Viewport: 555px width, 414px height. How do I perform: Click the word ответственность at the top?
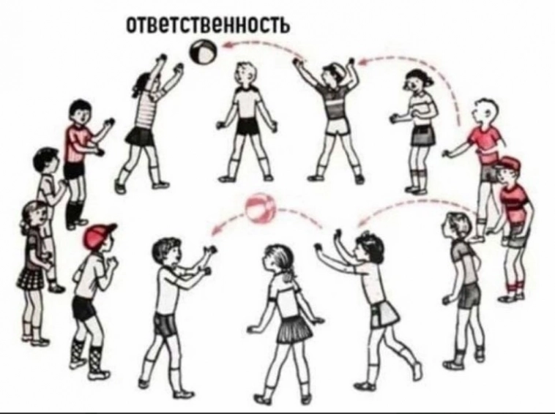[x=208, y=24]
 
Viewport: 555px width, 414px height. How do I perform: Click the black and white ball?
[x=203, y=52]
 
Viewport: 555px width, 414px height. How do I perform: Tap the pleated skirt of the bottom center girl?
[x=294, y=329]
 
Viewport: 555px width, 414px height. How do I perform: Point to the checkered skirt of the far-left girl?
[x=31, y=277]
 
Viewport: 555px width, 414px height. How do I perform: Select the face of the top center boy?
[x=245, y=75]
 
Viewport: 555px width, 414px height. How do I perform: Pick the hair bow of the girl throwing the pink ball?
[x=366, y=235]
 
